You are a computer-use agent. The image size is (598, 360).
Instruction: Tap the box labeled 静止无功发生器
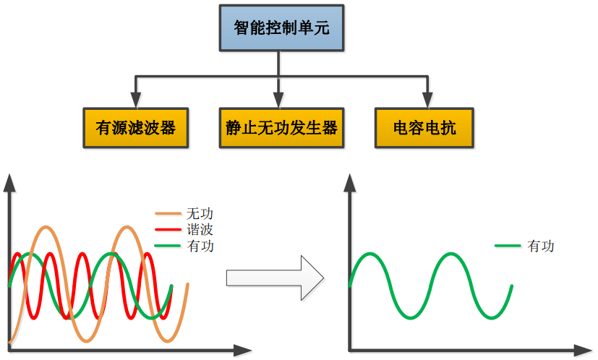tap(281, 128)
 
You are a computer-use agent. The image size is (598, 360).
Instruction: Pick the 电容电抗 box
tap(424, 128)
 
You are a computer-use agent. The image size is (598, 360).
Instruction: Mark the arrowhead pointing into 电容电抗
tap(425, 100)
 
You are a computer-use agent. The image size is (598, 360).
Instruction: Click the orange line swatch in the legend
tap(168, 214)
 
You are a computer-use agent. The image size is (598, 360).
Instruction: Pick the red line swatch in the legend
tap(168, 230)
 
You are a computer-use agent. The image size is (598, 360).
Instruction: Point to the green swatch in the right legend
tap(508, 246)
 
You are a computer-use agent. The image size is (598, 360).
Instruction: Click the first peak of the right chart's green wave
tap(370, 254)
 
